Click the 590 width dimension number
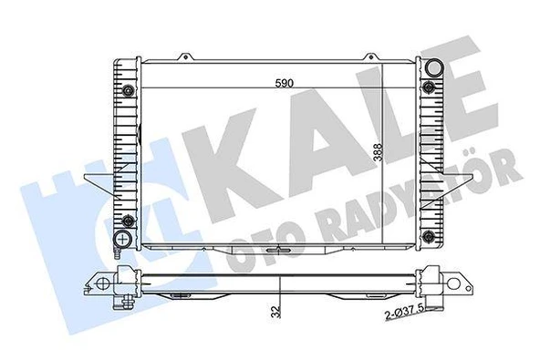click(285, 84)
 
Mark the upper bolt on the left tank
click(129, 90)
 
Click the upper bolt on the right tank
click(428, 87)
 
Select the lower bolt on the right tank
click(428, 220)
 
